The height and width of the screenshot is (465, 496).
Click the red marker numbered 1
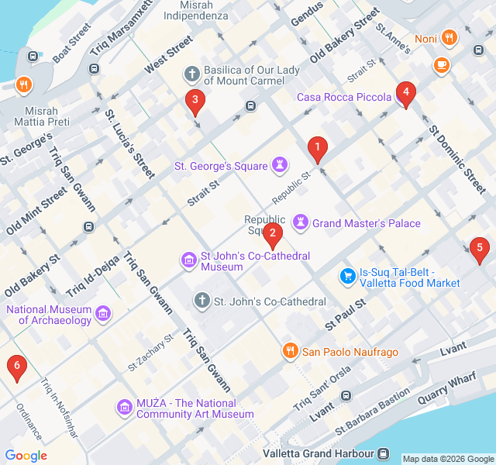[x=316, y=148]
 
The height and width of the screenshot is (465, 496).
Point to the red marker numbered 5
[x=480, y=250]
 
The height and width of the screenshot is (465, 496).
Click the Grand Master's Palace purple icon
[x=301, y=223]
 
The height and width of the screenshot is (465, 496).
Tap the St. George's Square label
[x=221, y=165]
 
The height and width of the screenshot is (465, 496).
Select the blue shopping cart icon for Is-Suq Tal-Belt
[x=348, y=276]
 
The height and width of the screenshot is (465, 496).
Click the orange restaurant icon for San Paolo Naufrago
[x=290, y=351]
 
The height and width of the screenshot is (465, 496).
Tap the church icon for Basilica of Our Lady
[x=192, y=74]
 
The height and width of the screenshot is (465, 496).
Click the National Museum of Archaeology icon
[x=103, y=314]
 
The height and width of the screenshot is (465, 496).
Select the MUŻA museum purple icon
[x=124, y=408]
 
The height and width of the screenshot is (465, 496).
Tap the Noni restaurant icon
[x=449, y=38]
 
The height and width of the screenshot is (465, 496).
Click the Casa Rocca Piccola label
[x=343, y=97]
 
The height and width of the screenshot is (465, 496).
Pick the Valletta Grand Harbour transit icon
[x=384, y=453]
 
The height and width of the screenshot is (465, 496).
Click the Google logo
[x=26, y=456]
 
